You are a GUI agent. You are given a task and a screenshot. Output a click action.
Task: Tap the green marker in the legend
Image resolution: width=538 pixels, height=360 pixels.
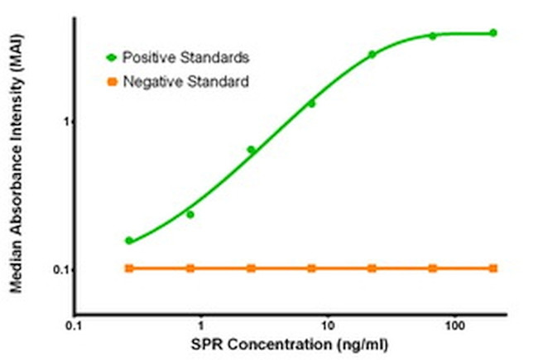[x=112, y=57]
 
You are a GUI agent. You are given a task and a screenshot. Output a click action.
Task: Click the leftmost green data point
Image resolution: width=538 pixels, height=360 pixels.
[x=129, y=241]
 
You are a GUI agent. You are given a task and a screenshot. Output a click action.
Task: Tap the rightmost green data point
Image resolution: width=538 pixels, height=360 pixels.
[x=493, y=33]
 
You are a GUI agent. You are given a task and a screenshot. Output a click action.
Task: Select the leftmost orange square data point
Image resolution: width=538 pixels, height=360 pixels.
[x=129, y=268]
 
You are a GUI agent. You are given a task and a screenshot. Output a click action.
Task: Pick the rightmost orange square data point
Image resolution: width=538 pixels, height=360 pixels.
[x=493, y=268]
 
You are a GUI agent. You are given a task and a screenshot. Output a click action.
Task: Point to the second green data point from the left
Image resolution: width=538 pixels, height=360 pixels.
[x=190, y=214]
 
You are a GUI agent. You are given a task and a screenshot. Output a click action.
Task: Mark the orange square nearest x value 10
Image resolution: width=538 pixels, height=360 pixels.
[x=311, y=268]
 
